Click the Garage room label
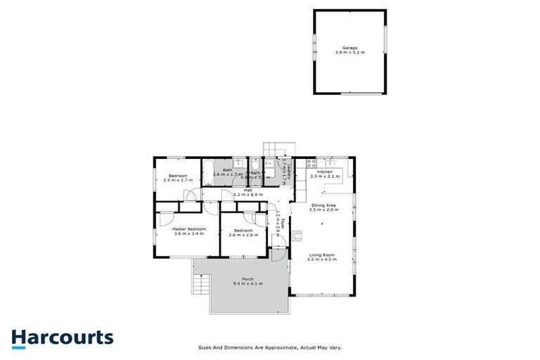(x=349, y=49)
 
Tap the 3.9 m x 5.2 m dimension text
(x=349, y=53)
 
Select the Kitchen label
(x=324, y=172)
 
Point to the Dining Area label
(x=324, y=205)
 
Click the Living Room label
(x=321, y=255)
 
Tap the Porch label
(x=247, y=278)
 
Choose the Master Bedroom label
(x=189, y=229)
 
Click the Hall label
(x=248, y=190)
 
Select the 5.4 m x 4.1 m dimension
(x=247, y=283)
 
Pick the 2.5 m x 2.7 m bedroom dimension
(x=177, y=181)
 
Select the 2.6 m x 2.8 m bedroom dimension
(x=243, y=235)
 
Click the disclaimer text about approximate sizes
(x=270, y=347)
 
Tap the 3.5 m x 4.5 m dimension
(x=321, y=259)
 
